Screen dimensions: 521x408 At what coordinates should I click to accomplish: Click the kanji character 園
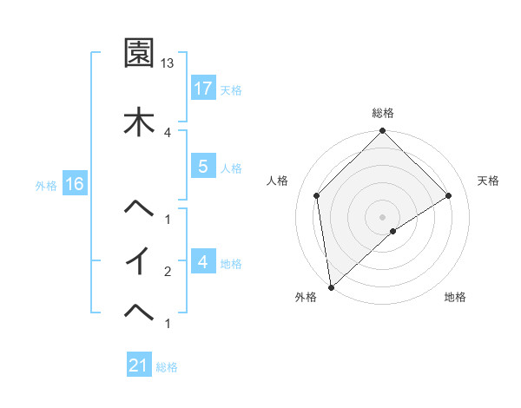click(139, 54)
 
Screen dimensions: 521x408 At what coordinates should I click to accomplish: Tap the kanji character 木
click(139, 120)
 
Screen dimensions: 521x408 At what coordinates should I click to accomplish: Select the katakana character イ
click(139, 260)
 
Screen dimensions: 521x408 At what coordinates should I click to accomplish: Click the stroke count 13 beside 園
click(168, 63)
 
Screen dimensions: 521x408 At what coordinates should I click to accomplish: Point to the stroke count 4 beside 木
click(168, 132)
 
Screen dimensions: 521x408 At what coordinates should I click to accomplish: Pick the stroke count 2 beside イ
click(168, 271)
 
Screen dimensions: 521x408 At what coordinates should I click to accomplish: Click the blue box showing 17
click(203, 88)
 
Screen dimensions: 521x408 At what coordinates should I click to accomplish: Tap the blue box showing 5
click(203, 167)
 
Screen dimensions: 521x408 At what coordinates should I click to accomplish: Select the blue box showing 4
click(203, 261)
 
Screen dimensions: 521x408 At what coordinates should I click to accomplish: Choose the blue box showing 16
click(75, 183)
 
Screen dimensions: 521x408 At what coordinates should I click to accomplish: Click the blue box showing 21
click(139, 365)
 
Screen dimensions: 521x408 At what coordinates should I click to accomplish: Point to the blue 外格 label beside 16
click(46, 184)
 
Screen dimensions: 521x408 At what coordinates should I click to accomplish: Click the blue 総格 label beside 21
click(167, 367)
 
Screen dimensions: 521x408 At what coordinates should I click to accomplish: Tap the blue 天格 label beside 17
click(231, 89)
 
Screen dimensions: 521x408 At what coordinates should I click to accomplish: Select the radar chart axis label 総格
click(382, 113)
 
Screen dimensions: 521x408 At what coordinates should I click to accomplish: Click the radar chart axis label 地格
click(455, 298)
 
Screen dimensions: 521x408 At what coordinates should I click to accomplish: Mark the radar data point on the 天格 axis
click(449, 195)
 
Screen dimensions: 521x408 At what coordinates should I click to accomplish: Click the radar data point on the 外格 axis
click(330, 287)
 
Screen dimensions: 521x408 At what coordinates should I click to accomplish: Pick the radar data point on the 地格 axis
click(393, 231)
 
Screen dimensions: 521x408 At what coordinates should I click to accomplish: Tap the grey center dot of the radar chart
click(382, 216)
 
